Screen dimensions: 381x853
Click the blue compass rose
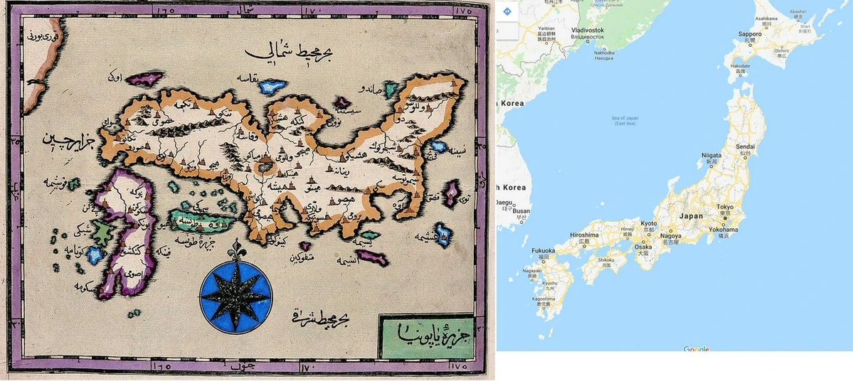point(235,292)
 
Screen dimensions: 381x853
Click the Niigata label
point(711,154)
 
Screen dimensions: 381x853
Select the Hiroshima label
point(584,235)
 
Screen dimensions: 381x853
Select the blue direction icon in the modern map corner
point(507,11)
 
